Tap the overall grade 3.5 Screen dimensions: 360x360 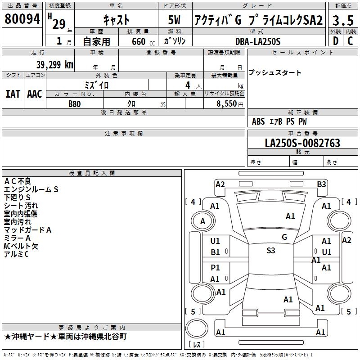[342, 20]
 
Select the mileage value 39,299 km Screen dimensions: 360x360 [54, 65]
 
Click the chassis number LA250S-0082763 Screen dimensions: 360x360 [302, 143]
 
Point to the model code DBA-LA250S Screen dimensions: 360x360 [257, 41]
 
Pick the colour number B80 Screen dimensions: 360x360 [75, 104]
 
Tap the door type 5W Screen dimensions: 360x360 [175, 20]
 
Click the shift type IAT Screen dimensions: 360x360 [13, 94]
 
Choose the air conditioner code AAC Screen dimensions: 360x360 [35, 94]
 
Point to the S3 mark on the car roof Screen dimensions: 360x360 [270, 251]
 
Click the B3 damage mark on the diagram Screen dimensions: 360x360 [321, 184]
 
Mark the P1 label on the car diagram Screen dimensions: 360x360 [216, 268]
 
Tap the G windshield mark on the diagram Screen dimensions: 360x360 [284, 237]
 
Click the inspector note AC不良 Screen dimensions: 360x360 [18, 181]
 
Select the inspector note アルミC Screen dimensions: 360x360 [16, 254]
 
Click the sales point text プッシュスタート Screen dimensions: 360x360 [275, 73]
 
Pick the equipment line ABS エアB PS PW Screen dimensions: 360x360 [279, 121]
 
